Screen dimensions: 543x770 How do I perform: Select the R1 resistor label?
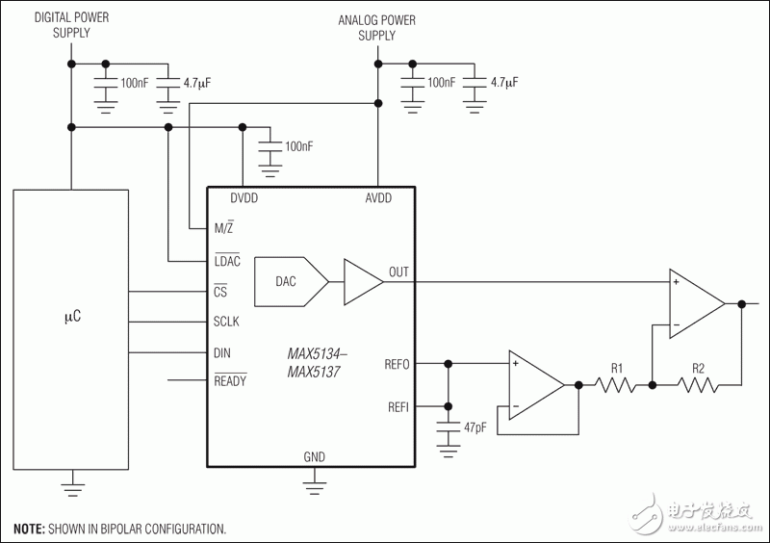point(617,367)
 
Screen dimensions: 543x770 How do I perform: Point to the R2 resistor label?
point(699,367)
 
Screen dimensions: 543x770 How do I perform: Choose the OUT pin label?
point(398,272)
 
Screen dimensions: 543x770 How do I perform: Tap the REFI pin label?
point(397,407)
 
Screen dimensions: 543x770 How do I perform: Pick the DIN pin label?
point(223,352)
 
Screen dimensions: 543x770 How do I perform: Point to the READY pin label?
point(230,381)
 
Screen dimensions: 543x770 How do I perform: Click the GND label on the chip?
point(314,455)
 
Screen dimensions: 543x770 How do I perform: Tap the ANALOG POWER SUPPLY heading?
point(376,27)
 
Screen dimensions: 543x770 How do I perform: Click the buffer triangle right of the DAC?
point(360,281)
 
